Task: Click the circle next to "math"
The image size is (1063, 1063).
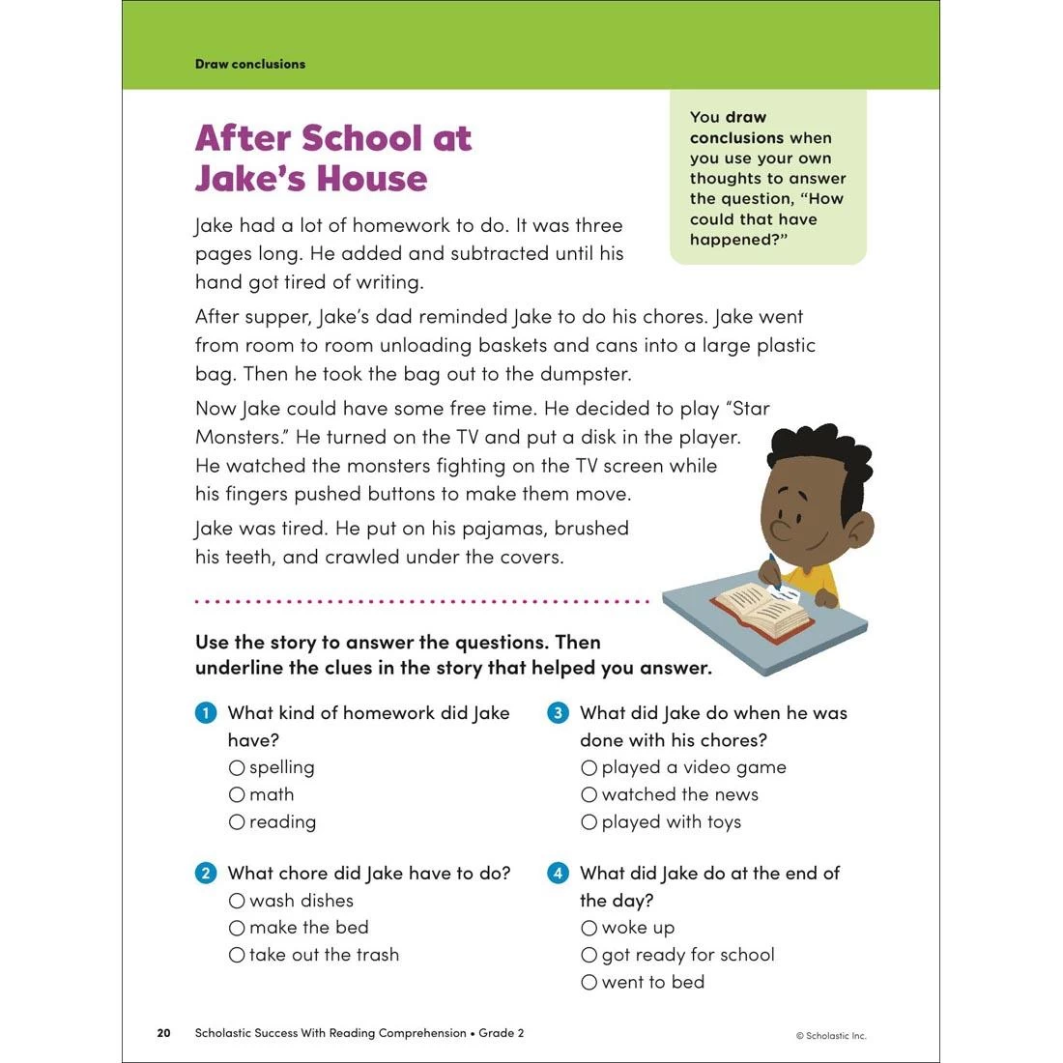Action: coord(237,794)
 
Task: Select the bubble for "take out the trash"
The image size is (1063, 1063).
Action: coord(237,955)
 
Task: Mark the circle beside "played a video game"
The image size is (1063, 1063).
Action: coord(589,767)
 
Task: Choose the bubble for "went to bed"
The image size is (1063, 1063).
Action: coord(589,982)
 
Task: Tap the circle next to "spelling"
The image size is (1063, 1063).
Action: coord(237,767)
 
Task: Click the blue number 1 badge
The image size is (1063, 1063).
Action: coord(206,713)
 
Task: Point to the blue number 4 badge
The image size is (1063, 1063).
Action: coord(558,874)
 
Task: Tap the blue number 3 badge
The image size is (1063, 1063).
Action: coord(558,713)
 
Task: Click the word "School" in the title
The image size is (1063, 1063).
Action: coord(362,138)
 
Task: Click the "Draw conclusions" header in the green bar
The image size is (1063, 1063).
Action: coord(250,64)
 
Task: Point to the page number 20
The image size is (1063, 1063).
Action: coord(163,1033)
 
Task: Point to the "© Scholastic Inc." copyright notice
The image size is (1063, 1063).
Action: coord(831,1036)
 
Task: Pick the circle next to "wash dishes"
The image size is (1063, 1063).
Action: coord(237,901)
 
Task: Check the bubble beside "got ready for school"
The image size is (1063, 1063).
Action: coord(589,955)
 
